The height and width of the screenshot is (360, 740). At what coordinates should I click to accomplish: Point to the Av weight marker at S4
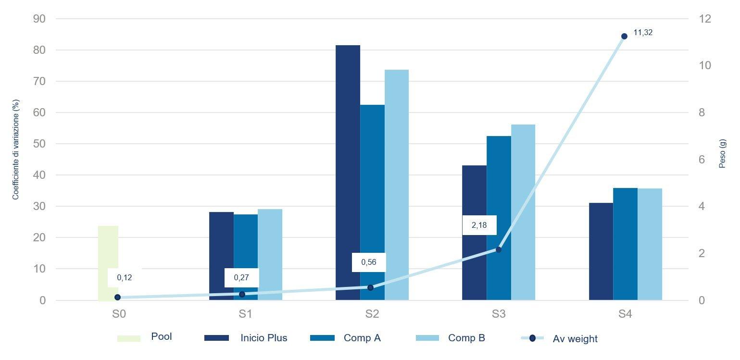click(x=624, y=36)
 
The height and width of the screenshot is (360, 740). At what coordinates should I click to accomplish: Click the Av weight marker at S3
click(x=499, y=249)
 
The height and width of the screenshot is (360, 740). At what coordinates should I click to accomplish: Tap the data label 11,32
click(x=643, y=33)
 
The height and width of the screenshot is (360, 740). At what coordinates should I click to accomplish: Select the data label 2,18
click(x=479, y=225)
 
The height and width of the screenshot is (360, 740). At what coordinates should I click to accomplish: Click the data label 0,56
click(x=369, y=262)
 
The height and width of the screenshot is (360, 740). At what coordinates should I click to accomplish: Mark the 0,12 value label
click(x=125, y=277)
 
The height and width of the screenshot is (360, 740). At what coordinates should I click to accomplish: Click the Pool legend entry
click(x=144, y=337)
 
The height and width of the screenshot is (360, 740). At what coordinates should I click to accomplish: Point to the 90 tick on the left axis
click(x=39, y=19)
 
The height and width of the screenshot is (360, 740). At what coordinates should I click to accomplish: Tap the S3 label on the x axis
click(x=499, y=314)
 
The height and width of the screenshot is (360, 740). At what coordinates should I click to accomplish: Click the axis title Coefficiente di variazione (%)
click(x=16, y=149)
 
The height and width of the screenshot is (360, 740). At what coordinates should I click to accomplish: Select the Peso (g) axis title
click(x=722, y=153)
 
